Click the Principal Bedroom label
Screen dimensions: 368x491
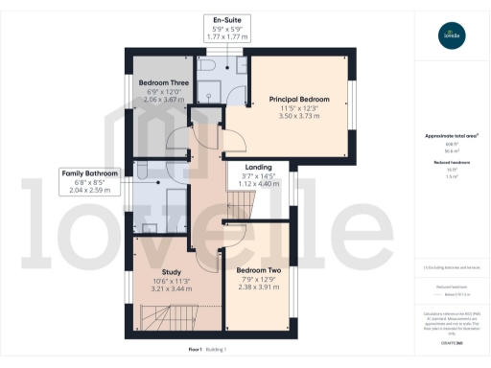299,100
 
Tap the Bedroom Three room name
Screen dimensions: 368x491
161,83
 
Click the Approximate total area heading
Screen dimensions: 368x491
450,136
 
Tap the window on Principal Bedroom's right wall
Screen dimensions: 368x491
351,100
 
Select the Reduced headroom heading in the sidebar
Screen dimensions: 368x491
450,163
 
